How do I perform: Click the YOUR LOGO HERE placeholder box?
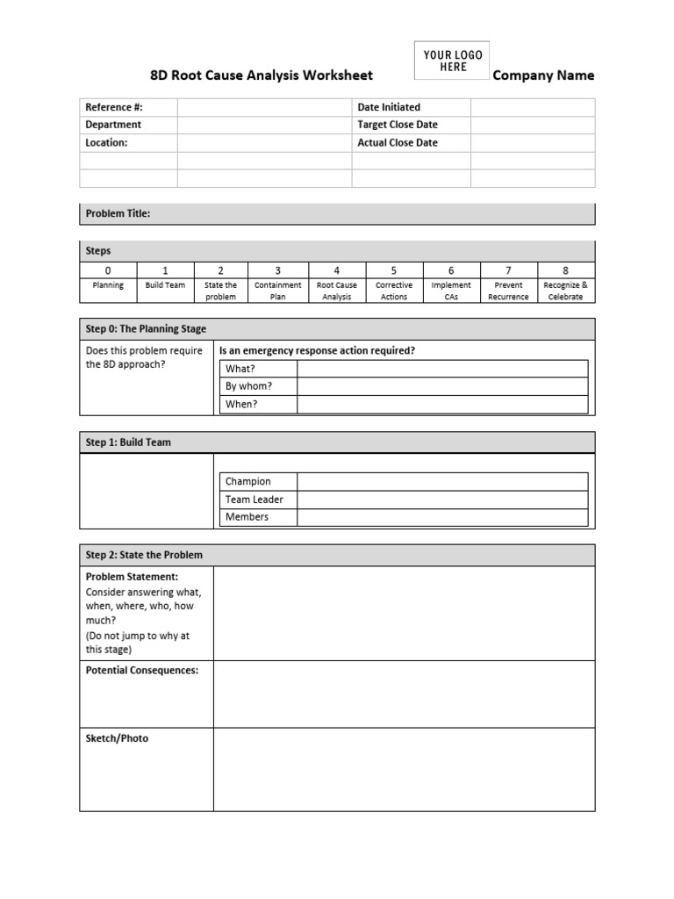pos(453,61)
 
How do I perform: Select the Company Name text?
pos(543,76)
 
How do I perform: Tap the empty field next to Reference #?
pos(264,107)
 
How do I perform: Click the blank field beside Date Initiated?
pos(532,107)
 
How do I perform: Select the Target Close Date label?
pos(397,125)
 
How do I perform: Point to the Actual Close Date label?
pos(397,142)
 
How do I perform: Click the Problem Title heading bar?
pos(337,213)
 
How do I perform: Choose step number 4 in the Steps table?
pos(336,270)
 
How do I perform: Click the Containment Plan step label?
pos(277,291)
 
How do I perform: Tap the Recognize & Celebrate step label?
pos(565,291)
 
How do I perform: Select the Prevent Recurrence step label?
pos(508,291)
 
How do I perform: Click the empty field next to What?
pos(442,369)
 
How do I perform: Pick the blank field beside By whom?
pos(442,386)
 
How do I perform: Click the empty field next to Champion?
pos(442,481)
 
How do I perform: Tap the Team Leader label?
pos(255,500)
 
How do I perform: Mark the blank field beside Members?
pos(442,517)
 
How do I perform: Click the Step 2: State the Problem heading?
pos(144,555)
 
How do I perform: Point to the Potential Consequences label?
pos(141,671)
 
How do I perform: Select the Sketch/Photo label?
pos(117,738)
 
